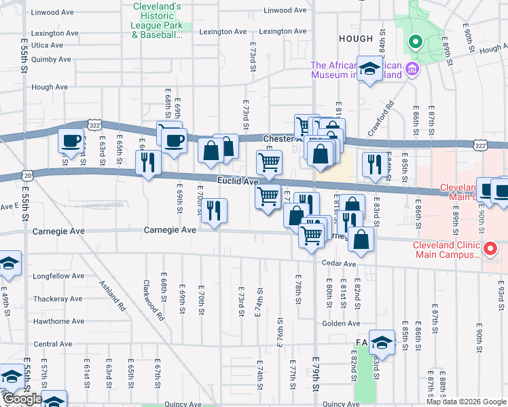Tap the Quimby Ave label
click(51, 59)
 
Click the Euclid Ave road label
click(238, 181)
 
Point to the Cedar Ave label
click(340, 263)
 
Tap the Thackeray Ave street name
click(58, 298)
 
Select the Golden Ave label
click(336, 323)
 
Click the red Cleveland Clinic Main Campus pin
click(490, 250)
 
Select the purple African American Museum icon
click(412, 69)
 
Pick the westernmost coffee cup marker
click(71, 142)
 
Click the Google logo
click(22, 399)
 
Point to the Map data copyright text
click(466, 402)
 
